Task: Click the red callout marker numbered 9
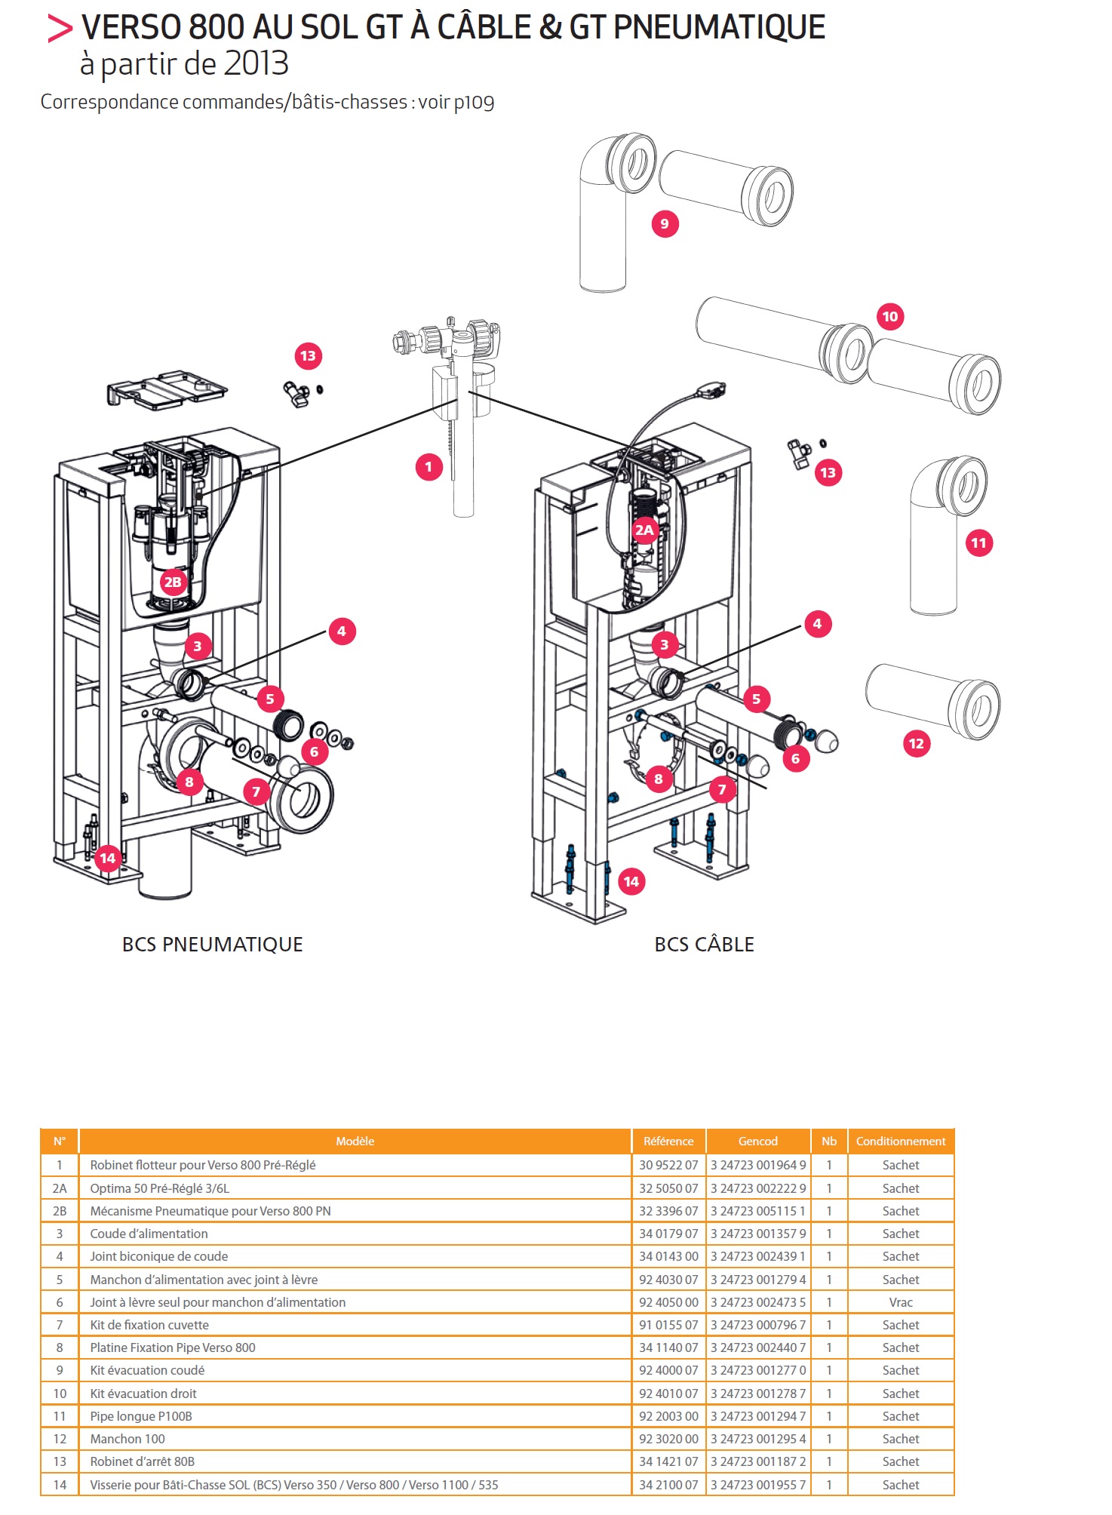(665, 224)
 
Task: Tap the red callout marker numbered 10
(890, 317)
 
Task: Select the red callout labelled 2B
(173, 582)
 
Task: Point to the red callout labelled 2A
(644, 530)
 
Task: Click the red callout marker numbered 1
(429, 467)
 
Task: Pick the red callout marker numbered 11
(978, 543)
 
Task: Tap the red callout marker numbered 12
(916, 744)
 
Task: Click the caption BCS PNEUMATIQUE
(212, 945)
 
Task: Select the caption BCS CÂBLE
(704, 945)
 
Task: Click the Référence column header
(668, 1142)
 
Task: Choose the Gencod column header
(757, 1142)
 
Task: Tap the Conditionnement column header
(900, 1142)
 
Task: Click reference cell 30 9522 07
(668, 1165)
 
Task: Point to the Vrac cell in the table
(900, 1302)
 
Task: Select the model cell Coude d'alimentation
(149, 1234)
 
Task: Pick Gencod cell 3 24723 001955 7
(757, 1485)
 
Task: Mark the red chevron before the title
(60, 29)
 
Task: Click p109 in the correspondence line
(474, 103)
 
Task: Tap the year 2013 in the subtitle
(256, 64)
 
